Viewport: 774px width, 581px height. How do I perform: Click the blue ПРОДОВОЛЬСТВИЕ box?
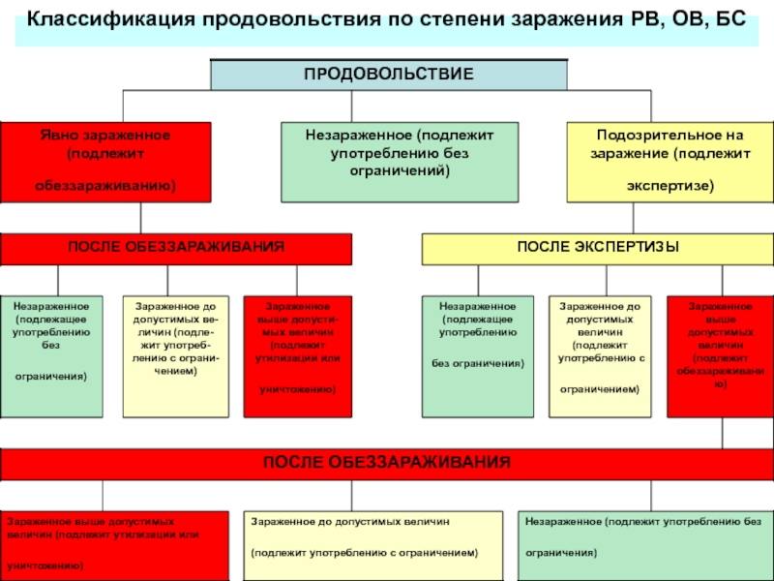click(389, 75)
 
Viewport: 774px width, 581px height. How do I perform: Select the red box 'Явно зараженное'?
click(105, 162)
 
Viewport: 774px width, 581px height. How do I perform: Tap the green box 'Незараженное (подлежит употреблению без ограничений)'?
click(400, 162)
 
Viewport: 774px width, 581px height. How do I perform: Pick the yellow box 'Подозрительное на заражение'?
click(670, 162)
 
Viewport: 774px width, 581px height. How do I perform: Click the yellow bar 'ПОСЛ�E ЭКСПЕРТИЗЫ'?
click(598, 249)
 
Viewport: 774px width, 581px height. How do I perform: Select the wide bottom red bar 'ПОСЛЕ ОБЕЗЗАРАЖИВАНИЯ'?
click(387, 465)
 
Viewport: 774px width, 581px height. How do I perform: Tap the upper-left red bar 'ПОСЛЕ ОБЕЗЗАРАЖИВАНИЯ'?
click(176, 249)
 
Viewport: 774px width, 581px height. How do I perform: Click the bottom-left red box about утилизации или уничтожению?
click(114, 546)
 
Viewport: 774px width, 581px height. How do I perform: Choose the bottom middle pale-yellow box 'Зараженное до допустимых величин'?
click(373, 546)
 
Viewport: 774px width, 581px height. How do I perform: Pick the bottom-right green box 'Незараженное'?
click(645, 546)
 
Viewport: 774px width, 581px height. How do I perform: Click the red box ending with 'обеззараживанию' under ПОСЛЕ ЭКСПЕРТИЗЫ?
click(720, 356)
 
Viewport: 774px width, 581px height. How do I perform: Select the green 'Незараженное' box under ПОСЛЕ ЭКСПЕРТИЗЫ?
click(478, 356)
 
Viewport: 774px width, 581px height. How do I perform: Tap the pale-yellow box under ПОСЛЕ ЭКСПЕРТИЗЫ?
click(600, 356)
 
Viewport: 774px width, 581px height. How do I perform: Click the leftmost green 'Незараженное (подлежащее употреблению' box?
click(51, 356)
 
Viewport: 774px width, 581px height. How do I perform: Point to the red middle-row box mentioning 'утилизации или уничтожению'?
click(298, 356)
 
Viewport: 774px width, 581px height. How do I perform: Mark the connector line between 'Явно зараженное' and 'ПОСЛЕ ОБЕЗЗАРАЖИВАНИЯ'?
click(140, 218)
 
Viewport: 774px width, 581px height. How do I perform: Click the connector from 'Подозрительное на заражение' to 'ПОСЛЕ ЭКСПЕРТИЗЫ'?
click(634, 218)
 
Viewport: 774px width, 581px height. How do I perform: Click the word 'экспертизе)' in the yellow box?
click(670, 186)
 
